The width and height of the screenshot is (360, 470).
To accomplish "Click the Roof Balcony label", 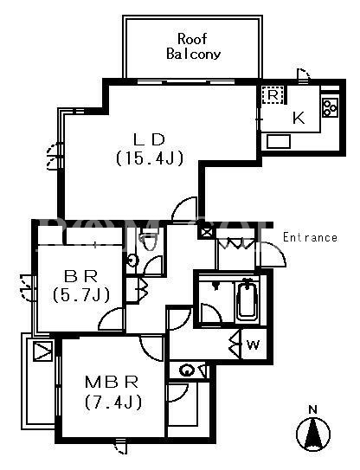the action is tap(193, 47).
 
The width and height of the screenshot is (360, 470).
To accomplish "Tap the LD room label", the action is tap(149, 139).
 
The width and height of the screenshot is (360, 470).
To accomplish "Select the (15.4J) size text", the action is tap(149, 158).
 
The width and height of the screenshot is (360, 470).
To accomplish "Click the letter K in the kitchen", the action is tap(299, 118).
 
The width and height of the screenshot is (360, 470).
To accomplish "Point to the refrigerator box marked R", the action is tap(273, 95).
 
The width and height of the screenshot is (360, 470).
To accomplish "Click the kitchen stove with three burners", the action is tap(330, 107).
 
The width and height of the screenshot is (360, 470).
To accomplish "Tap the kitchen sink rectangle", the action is tap(279, 141).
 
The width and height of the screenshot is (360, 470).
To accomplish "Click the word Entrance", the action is tap(311, 237).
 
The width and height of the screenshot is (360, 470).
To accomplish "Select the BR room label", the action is tap(81, 276).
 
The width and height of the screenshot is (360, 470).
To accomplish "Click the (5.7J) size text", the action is tap(81, 295).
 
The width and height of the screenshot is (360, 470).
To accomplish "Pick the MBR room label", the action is tap(112, 383).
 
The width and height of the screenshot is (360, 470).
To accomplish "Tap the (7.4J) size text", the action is tap(113, 402).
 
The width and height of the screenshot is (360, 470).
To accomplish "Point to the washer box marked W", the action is tap(254, 344).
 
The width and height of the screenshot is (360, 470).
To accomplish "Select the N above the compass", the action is tap(313, 409).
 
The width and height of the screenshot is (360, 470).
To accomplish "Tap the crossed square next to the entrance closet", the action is tap(207, 232).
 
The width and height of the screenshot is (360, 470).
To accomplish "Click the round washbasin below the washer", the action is tap(187, 370).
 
